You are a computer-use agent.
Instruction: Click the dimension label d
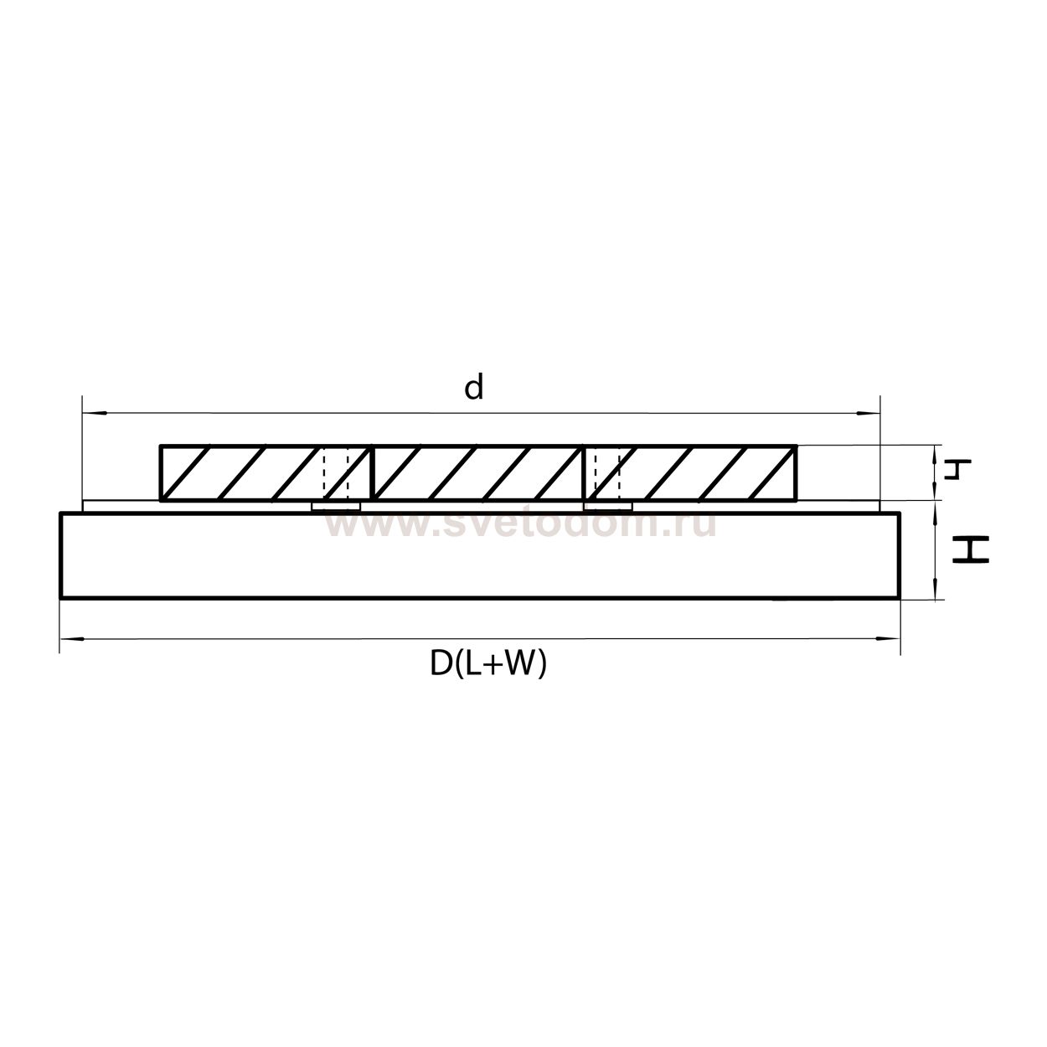point(474,388)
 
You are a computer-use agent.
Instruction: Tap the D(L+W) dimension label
point(488,664)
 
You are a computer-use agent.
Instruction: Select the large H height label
point(971,549)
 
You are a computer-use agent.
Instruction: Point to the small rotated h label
point(957,469)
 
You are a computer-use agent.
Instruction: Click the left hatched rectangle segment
point(266,472)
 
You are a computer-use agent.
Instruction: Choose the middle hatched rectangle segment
point(477,472)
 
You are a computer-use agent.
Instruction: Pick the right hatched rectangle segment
point(690,472)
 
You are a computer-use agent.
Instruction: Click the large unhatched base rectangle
point(480,555)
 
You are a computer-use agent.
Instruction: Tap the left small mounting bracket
point(336,507)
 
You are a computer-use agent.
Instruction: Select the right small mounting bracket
point(607,507)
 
